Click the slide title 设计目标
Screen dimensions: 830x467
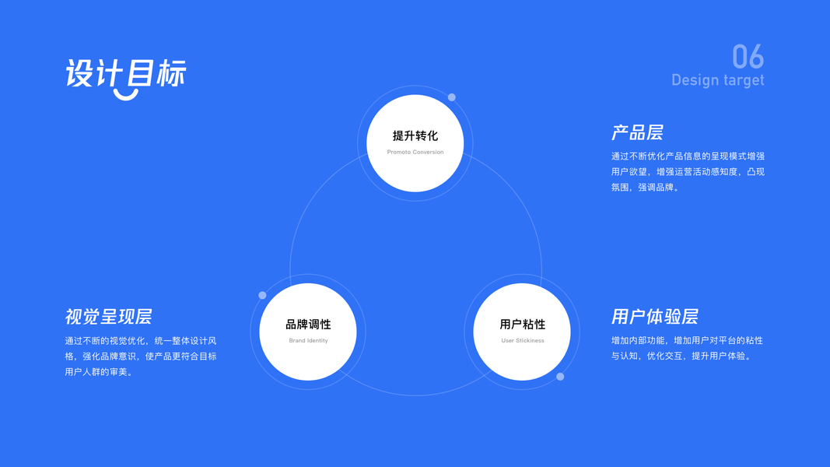coord(125,74)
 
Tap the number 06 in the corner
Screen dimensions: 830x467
coord(748,57)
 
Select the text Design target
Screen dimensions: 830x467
coord(717,80)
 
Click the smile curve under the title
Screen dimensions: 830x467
coord(125,95)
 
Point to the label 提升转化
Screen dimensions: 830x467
coord(415,136)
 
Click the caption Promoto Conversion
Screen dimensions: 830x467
coord(415,152)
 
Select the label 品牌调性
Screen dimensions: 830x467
coord(308,325)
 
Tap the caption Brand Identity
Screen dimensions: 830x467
coord(308,340)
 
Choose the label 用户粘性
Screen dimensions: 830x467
coord(522,325)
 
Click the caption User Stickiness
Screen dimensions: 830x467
coord(522,340)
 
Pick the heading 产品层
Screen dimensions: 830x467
coord(637,132)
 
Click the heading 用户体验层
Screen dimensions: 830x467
coord(654,317)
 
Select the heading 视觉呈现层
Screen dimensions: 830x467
coord(108,317)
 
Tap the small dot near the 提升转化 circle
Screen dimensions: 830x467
coord(451,97)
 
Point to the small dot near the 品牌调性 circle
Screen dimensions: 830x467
coord(262,296)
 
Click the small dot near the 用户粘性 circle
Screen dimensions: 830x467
coord(560,377)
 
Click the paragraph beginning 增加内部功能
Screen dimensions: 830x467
coord(686,348)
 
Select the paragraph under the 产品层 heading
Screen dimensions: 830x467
coord(688,171)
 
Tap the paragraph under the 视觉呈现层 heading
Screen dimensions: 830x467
coord(141,356)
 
